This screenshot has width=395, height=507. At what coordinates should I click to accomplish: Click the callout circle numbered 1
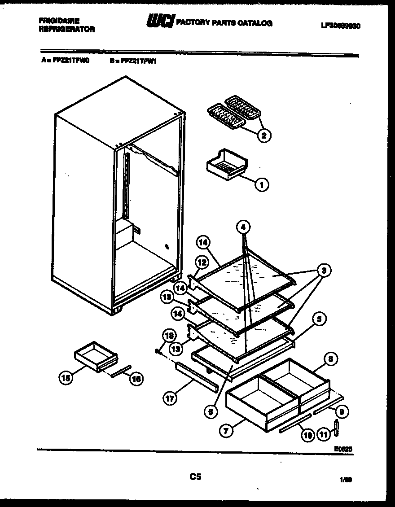262,184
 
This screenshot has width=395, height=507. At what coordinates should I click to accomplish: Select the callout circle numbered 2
265,135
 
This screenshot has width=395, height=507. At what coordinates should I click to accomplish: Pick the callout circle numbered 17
170,398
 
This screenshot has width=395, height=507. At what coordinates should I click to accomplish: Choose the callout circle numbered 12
202,262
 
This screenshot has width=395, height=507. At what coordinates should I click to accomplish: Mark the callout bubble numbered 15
66,378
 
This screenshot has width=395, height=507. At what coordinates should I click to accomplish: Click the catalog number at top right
341,26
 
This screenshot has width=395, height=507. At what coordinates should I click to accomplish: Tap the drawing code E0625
343,448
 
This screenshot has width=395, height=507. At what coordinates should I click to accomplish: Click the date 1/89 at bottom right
345,480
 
